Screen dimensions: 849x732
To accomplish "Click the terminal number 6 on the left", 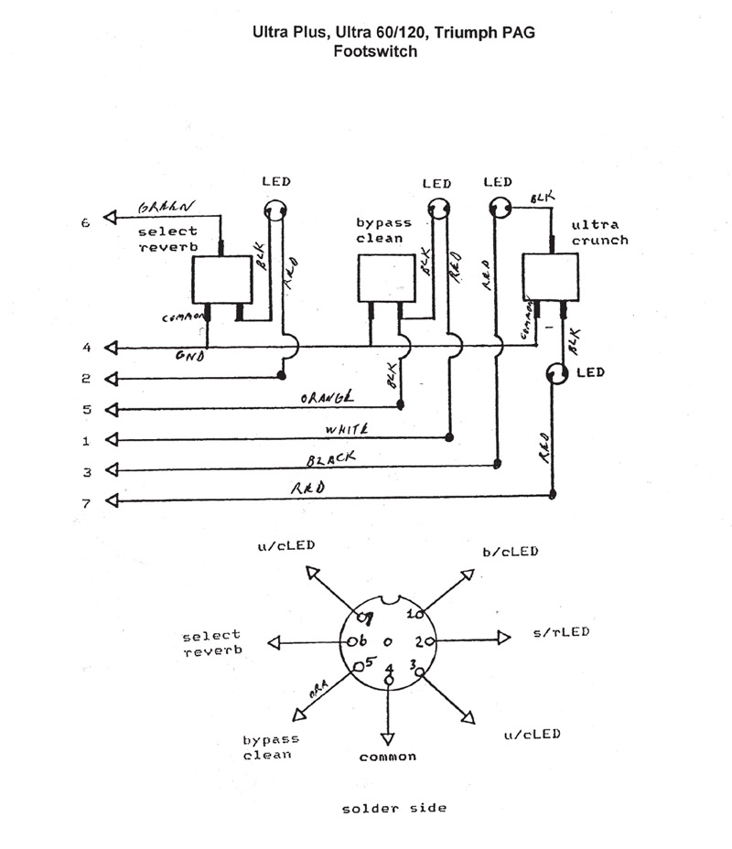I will click(x=86, y=221).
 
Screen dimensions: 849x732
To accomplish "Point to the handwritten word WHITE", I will click(x=346, y=429).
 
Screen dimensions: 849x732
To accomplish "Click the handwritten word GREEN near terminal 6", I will click(x=166, y=209).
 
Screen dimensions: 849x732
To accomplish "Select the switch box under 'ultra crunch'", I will click(x=552, y=277).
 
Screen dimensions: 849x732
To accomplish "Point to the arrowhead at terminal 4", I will click(x=112, y=348).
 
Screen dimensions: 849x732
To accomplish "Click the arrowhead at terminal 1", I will click(x=112, y=440).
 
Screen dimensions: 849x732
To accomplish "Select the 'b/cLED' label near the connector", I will click(x=510, y=552).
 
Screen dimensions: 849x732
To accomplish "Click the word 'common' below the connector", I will click(x=387, y=757).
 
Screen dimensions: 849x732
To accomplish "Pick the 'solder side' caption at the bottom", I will click(x=394, y=809).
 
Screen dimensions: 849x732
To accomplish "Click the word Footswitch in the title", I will click(x=375, y=52).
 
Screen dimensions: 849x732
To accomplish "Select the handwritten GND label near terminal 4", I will click(x=188, y=358).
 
